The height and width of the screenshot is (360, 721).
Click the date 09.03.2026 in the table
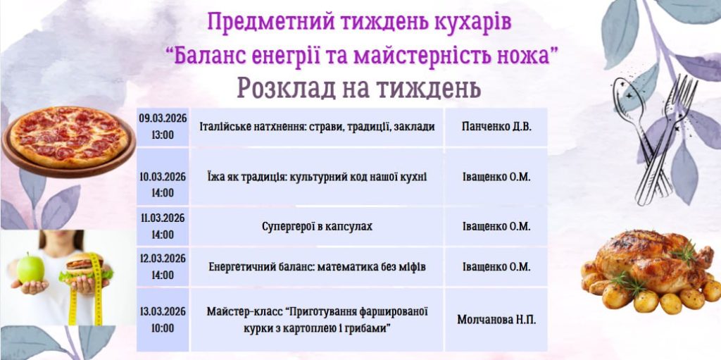[x=163, y=118]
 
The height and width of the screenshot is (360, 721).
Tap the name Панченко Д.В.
[x=496, y=127]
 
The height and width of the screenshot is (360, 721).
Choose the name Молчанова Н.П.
[x=496, y=319]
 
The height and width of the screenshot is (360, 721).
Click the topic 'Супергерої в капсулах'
[x=317, y=226]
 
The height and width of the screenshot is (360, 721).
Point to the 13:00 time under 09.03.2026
[x=163, y=135]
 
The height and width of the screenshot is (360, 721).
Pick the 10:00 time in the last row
[x=163, y=328]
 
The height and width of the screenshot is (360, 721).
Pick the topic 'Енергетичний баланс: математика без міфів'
[x=317, y=267]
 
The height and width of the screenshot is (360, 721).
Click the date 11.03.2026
[x=163, y=218]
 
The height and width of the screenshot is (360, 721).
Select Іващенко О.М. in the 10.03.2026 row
[x=496, y=178]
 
